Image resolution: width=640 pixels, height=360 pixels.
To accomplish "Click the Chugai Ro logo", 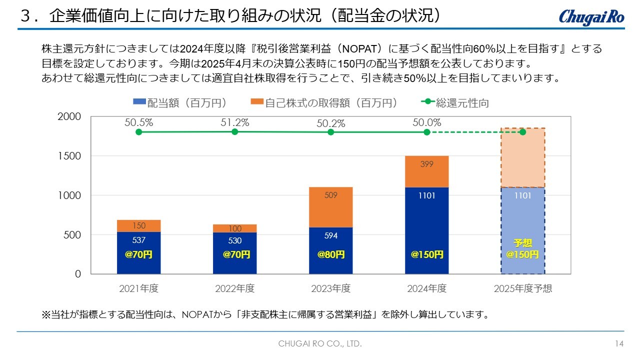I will click(591, 16).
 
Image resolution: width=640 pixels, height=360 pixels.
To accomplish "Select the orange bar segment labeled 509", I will click(330, 207).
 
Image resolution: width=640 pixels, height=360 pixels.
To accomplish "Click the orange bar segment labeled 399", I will click(426, 171).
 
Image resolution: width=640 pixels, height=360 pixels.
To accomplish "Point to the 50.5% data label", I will click(139, 122).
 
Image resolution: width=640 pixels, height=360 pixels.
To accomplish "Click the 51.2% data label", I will click(235, 122).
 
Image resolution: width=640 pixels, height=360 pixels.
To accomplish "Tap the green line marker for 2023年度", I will click(330, 132).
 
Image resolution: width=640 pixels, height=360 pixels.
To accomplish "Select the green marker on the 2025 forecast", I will click(522, 132).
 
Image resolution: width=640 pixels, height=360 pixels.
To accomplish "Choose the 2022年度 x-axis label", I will click(235, 288).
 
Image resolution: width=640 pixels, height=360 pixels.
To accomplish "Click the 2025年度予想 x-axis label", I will click(522, 288).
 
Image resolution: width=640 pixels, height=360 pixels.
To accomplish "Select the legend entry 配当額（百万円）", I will click(180, 103).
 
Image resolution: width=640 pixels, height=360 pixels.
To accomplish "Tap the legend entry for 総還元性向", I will click(455, 103).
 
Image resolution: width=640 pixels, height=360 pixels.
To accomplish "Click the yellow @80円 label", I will click(330, 254).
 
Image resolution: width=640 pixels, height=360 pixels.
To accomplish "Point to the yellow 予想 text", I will click(522, 243).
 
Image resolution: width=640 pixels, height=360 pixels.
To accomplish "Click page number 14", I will click(619, 344).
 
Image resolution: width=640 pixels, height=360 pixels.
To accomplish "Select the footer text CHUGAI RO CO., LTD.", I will click(320, 344).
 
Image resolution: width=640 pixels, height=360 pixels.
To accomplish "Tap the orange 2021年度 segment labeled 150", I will click(139, 226).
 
